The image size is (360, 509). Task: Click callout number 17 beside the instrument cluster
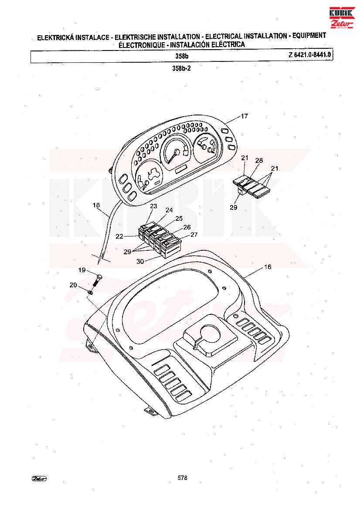245,116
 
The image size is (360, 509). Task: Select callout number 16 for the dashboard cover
268,267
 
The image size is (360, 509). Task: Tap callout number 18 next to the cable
96,205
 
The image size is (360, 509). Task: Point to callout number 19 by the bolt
82,270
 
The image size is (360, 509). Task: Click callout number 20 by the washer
73,285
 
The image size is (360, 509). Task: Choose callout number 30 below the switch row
140,261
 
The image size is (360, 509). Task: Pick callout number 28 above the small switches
259,160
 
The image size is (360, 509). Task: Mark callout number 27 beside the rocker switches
194,234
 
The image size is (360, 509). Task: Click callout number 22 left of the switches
119,236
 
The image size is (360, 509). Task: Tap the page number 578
183,478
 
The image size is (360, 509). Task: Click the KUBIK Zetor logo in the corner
341,18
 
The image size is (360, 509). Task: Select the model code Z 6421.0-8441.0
309,54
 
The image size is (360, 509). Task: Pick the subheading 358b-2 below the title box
181,68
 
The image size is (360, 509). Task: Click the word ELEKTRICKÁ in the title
56,37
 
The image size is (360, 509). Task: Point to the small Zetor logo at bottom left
39,478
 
